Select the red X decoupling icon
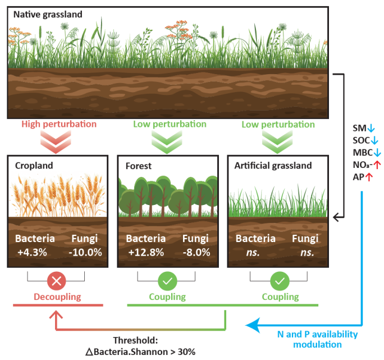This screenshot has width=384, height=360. pyautogui.click(x=56, y=280)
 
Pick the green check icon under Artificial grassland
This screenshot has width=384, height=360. pyautogui.click(x=280, y=280)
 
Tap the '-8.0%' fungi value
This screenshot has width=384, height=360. pyautogui.click(x=196, y=252)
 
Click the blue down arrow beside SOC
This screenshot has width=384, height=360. pyautogui.click(x=375, y=140)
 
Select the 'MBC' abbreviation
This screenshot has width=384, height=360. pyautogui.click(x=361, y=153)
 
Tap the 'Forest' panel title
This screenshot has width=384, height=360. pyautogui.click(x=139, y=166)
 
